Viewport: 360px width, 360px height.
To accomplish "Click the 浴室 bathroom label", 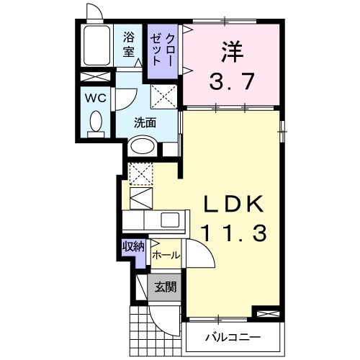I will coord(129,44).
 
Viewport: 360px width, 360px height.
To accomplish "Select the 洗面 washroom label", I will coord(145,122).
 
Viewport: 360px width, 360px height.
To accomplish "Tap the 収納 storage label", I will coord(133,246).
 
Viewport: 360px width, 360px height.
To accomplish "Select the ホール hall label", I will coord(166,255).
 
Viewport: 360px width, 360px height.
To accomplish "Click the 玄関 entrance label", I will coord(166,287).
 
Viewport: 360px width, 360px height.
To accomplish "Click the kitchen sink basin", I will coord(172,220).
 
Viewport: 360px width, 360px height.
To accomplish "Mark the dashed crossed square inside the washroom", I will coord(163,96).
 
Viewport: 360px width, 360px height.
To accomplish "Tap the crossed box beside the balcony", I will coord(265,313).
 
